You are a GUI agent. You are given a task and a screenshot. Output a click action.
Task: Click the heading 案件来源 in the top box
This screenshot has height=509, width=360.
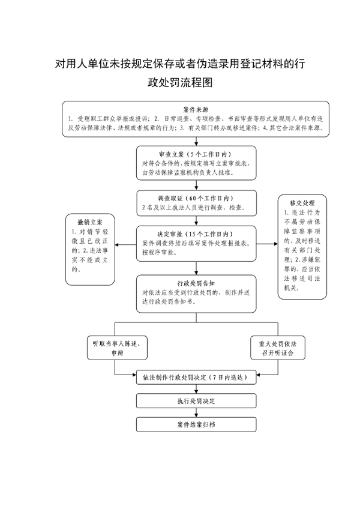[196, 110]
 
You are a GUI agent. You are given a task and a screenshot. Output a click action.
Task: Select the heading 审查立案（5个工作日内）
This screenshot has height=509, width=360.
[196, 154]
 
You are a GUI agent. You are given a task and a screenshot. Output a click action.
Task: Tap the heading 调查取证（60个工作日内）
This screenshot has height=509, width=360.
[196, 198]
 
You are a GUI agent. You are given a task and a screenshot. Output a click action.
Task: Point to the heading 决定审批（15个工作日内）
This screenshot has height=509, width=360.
[196, 234]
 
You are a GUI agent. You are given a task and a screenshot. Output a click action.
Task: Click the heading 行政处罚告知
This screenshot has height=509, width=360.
[196, 283]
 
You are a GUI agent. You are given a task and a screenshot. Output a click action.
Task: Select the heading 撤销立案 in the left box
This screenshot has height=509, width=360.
[90, 222]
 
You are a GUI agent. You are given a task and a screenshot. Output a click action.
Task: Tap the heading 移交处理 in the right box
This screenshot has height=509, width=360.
[302, 203]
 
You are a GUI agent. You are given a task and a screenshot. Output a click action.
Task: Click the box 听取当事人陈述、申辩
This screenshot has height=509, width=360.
[117, 348]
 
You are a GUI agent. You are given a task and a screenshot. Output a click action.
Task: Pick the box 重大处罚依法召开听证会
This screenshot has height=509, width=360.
[278, 348]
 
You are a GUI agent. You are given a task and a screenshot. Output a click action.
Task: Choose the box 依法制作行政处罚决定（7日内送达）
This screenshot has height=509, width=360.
[196, 377]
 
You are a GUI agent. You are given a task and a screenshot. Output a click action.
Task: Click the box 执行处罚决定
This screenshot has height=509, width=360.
[196, 401]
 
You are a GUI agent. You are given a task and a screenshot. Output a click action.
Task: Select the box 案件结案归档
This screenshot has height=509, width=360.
[196, 424]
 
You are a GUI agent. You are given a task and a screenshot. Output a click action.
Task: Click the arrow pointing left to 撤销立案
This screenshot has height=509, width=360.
[125, 244]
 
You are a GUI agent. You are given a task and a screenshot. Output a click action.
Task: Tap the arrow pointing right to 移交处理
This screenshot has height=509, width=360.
[267, 244]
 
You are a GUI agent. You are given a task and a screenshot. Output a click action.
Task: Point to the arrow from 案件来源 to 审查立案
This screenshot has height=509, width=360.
[196, 141]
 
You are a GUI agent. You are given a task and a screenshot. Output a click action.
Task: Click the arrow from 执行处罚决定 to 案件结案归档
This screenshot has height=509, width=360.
[196, 412]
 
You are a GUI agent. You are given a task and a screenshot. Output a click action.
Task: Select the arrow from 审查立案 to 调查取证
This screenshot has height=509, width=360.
[196, 185]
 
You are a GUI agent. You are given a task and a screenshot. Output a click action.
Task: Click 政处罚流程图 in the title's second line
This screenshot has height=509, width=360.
[180, 82]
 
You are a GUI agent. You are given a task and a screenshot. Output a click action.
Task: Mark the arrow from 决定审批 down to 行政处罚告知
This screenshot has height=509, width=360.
[196, 268]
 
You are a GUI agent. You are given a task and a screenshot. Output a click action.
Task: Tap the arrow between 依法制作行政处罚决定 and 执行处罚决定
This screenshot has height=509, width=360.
[196, 389]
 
